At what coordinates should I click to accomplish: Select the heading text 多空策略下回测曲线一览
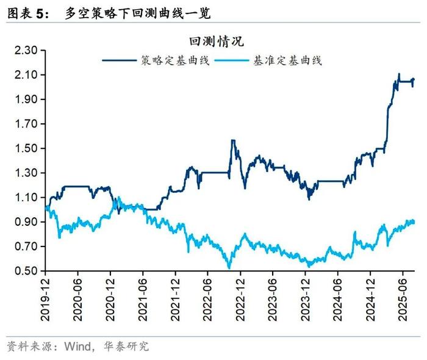tap(137, 12)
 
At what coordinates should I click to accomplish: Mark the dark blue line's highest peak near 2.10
tap(399, 74)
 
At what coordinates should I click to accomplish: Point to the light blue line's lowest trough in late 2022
tap(229, 267)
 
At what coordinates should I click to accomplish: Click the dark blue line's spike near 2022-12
tap(232, 140)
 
